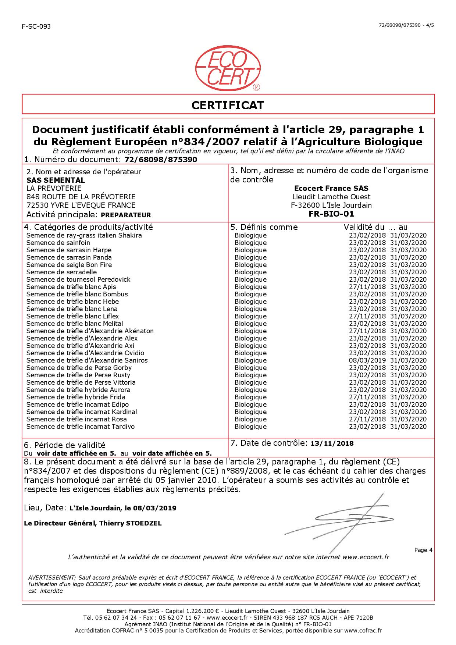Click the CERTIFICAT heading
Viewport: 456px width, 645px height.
click(x=228, y=105)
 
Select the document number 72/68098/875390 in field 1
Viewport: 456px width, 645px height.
click(x=161, y=160)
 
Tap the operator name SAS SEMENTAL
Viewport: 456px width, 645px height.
click(x=56, y=180)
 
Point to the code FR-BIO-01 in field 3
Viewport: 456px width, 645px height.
click(x=331, y=214)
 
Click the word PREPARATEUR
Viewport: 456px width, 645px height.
click(x=126, y=215)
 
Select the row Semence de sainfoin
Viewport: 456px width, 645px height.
click(x=58, y=243)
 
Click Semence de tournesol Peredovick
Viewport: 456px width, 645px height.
click(x=78, y=279)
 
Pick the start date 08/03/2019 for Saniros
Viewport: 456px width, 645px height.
click(x=367, y=360)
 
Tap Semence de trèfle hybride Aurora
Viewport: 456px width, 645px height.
click(x=78, y=390)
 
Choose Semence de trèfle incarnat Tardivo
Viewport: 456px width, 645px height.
click(x=81, y=427)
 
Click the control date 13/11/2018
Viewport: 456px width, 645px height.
click(x=332, y=443)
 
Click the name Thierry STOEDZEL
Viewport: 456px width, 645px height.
click(x=130, y=523)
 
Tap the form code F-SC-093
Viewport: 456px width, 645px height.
click(x=36, y=26)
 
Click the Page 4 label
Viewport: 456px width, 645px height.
click(x=423, y=550)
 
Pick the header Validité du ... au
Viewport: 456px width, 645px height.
click(x=375, y=227)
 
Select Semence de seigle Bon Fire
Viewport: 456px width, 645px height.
click(x=69, y=265)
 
